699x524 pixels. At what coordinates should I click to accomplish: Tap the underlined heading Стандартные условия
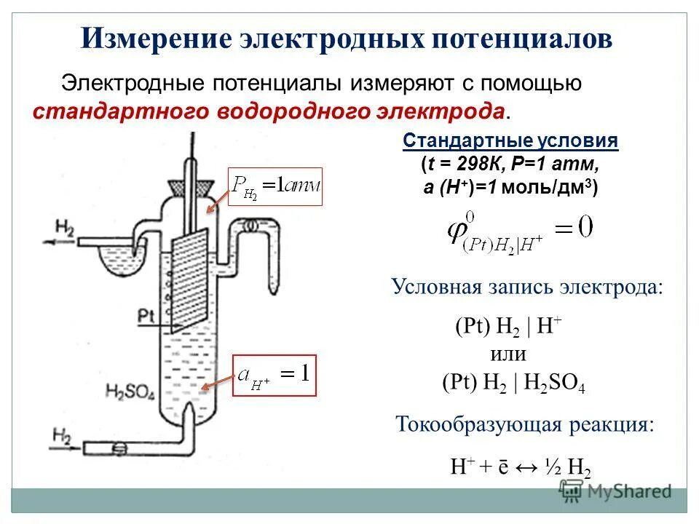point(510,140)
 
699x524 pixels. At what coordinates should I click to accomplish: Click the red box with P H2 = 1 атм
point(275,186)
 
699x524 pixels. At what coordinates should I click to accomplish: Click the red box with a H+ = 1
point(275,375)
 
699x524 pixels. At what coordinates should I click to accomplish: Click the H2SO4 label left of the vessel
point(130,391)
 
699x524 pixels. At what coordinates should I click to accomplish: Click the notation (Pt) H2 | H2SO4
point(514,383)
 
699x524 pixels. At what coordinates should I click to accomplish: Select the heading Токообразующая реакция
point(524,424)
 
